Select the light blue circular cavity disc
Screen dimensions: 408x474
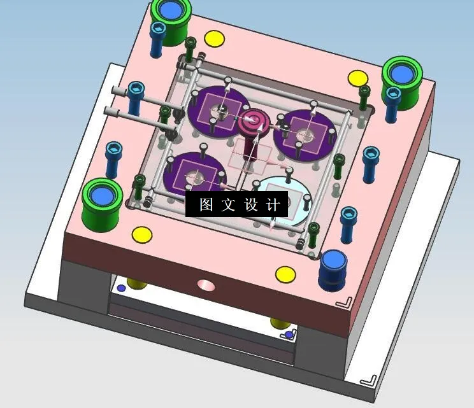point(283,196)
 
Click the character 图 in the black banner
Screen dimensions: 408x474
point(205,205)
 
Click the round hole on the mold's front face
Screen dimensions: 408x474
point(206,285)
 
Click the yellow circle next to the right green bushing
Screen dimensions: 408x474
point(357,79)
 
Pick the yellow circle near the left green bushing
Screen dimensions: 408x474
point(142,234)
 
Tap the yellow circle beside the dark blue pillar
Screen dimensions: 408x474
point(285,274)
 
